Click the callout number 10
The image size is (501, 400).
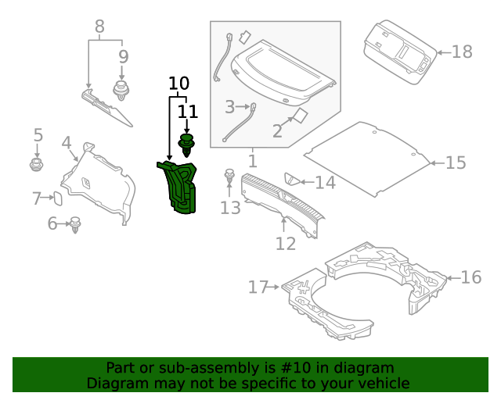pos(178,84)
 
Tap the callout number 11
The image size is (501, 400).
pos(187,112)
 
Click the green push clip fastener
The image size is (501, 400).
pos(187,145)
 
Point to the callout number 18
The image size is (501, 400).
pos(462,52)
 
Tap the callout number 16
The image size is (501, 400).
pos(470,277)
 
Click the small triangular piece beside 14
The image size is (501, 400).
pos(290,180)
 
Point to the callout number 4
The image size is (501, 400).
pos(67,143)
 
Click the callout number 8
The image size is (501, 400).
pos(99,27)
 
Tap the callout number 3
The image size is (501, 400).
pos(229,106)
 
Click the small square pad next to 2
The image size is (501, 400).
pos(298,116)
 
